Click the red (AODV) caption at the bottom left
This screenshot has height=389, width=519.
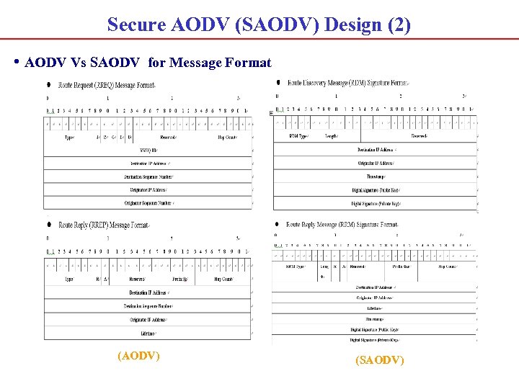point(138,355)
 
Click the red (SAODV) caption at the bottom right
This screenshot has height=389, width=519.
point(380,359)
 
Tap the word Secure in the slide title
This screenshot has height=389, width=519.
point(136,24)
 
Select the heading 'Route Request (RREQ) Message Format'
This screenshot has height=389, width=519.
point(107,85)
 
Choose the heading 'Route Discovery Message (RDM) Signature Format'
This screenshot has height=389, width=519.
point(347,83)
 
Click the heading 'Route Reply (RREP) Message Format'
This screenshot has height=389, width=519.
point(104,225)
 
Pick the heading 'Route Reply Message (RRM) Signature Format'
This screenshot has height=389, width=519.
point(342,225)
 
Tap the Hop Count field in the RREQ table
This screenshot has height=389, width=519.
point(227,137)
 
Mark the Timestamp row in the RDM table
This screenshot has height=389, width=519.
point(376,176)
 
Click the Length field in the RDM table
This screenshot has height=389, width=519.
point(332,135)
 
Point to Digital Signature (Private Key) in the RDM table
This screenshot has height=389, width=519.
point(376,203)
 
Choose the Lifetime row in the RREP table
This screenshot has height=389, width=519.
point(148,333)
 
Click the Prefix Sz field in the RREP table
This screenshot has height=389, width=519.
point(180,279)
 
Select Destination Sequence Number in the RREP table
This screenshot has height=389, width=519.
point(148,306)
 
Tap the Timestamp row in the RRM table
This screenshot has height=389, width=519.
point(375,318)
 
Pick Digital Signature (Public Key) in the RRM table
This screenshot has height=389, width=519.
point(375,328)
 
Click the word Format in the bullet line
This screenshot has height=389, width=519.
point(248,63)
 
